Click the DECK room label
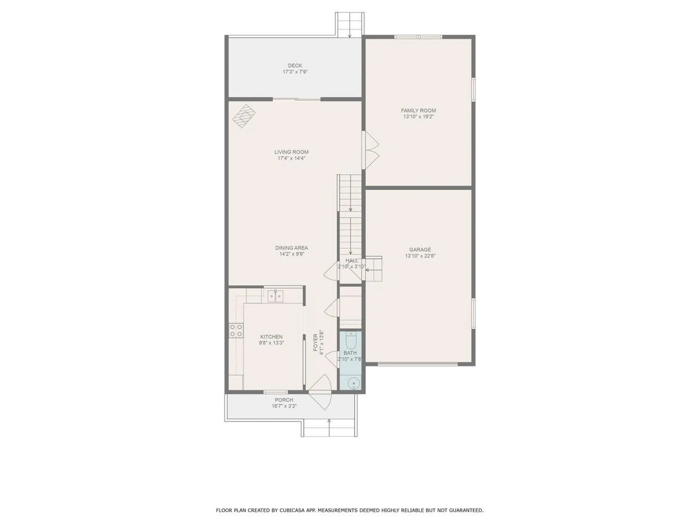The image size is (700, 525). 295,66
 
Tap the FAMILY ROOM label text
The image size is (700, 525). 418,110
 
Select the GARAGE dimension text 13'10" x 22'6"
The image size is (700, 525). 420,256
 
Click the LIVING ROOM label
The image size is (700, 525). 291,152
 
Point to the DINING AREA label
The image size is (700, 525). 291,248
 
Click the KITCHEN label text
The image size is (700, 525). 271,337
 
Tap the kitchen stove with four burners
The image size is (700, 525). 236,330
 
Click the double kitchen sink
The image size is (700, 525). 276,296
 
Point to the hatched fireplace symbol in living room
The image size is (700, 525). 244,116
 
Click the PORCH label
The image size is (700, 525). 284,400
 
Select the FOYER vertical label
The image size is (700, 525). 316,343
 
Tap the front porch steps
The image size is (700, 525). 329,428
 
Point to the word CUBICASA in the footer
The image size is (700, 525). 289,510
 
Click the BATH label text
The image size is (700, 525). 350,353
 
